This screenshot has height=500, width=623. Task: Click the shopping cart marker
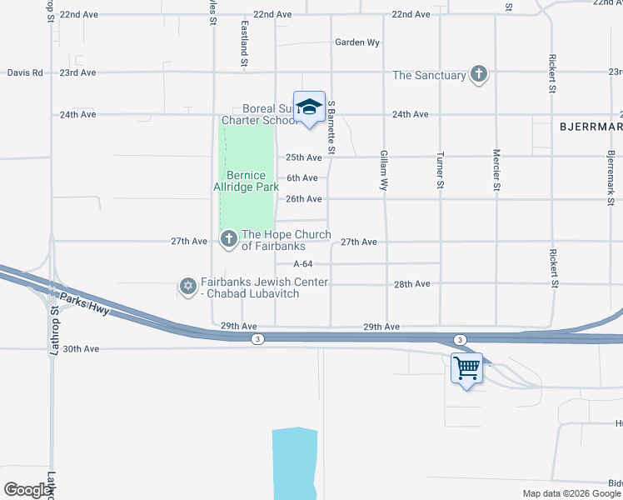466,367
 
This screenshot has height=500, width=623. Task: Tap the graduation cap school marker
309,107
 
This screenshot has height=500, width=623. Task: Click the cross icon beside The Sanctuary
479,75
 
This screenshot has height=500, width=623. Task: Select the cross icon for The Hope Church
229,240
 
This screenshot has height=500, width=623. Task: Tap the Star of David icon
188,287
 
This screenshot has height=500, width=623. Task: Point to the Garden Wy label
356,42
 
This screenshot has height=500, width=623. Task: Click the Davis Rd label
25,72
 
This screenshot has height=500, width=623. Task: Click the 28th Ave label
411,284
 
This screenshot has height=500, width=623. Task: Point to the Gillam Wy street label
384,171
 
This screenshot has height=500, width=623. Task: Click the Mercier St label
496,170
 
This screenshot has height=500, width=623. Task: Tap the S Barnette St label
331,127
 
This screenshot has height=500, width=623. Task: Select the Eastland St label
245,45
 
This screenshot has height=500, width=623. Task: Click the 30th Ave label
80,348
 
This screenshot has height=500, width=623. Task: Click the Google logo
28,490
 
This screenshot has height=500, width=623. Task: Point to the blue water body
293,462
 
